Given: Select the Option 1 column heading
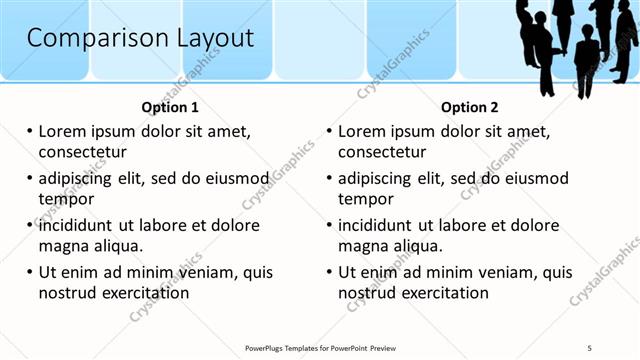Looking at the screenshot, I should [170, 107].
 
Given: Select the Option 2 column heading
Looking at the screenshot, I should [470, 107].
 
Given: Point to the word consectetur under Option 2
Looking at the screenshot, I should [382, 152].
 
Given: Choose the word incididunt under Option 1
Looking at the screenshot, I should [80, 225].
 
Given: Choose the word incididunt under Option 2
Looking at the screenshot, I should [380, 225].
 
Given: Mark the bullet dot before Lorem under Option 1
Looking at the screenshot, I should [30, 131].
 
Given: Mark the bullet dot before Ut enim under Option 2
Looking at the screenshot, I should [330, 272].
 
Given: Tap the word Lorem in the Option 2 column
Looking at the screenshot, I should [362, 131].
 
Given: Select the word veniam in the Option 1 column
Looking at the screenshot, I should [206, 272].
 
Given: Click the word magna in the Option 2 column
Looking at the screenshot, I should [363, 246].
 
